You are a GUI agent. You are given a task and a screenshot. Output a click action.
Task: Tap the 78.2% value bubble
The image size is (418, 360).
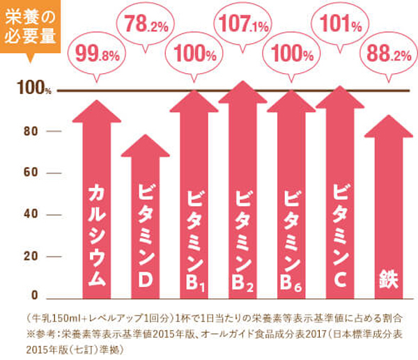[x=145, y=28]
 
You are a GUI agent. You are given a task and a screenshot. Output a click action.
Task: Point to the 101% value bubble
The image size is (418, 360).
[x=340, y=27]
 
